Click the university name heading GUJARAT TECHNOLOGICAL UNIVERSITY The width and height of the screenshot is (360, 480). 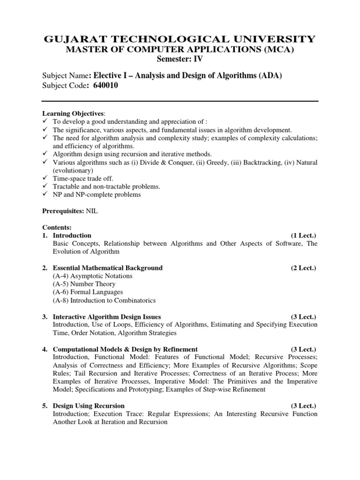click(180, 39)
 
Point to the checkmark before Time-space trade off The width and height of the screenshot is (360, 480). click(45, 179)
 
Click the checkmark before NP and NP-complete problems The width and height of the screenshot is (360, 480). click(45, 195)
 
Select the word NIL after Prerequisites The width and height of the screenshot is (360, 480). click(92, 211)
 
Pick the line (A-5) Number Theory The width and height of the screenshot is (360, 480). click(84, 284)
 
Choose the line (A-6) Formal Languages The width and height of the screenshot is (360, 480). click(88, 292)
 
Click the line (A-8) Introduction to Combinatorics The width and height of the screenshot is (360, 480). click(104, 300)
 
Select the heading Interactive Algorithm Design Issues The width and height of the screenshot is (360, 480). click(107, 317)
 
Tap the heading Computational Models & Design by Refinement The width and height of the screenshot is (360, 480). click(125, 349)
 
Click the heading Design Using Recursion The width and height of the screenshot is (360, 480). click(89, 405)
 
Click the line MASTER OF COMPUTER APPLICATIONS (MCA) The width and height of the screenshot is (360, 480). click(180, 50)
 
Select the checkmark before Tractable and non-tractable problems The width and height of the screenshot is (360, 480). click(45, 187)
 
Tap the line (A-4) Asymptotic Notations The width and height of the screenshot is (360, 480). click(92, 276)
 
